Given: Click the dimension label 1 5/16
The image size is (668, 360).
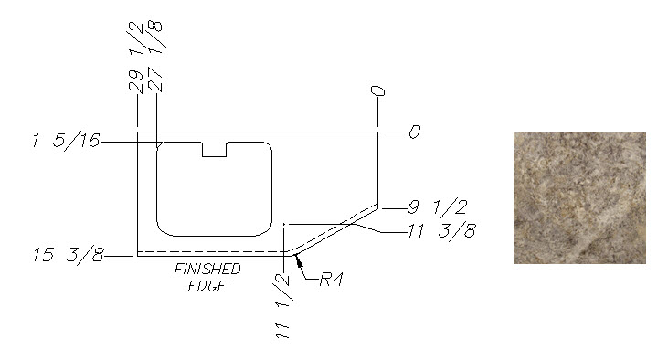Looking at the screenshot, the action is pos(66,141).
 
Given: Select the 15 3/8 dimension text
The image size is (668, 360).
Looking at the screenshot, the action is pos(69,255).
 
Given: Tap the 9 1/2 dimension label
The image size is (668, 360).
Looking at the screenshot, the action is pos(438,207).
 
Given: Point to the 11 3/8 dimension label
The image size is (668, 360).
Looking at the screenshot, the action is pos(441,230).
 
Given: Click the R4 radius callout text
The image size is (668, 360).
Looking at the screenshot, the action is pos(332,280).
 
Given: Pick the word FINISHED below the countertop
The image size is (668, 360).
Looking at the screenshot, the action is pos(207,269).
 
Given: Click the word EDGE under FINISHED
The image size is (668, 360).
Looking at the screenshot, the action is pos(207,286).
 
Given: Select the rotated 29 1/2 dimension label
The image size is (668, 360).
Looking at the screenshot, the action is pos(136,57).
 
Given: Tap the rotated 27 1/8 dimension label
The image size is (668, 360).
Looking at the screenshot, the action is pos(156,57).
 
